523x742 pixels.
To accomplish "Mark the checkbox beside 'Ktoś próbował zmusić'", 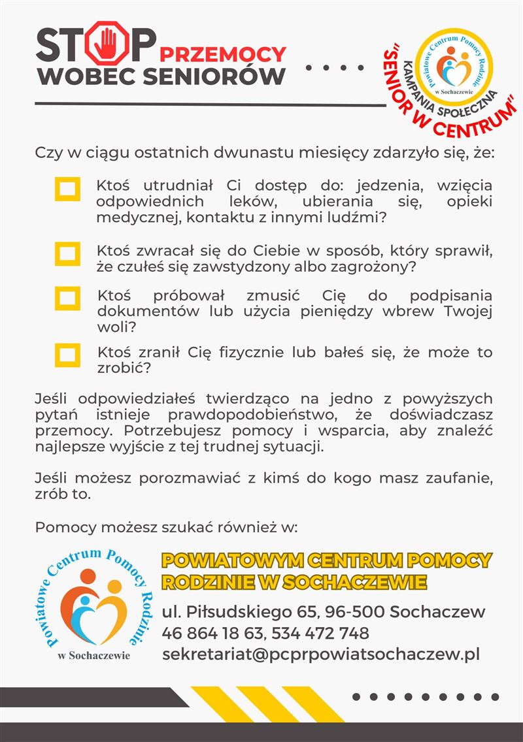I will click(x=67, y=298).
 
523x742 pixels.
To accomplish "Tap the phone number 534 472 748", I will click(x=320, y=633).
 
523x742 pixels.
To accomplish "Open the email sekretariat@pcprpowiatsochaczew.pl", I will click(x=321, y=654).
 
